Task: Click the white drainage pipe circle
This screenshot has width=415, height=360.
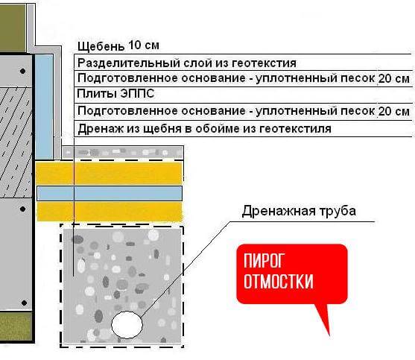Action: [127, 325]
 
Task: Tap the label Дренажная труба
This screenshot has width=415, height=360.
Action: [299, 211]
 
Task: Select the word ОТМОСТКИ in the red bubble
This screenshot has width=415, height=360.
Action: [279, 281]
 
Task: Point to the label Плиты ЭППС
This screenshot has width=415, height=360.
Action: [115, 94]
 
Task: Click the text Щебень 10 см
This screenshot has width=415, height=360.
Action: [118, 45]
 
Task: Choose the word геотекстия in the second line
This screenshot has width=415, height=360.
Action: [264, 63]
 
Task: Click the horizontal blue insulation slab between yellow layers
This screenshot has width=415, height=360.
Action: [110, 194]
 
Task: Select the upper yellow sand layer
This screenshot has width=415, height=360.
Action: [109, 174]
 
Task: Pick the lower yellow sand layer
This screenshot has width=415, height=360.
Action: [110, 212]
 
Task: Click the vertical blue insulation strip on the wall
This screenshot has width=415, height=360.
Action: [44, 107]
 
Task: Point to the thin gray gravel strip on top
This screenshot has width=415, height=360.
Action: [122, 153]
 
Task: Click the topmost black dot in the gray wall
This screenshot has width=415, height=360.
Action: [23, 71]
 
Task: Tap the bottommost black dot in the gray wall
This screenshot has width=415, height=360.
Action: [24, 303]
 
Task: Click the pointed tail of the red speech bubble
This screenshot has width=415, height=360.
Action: [329, 335]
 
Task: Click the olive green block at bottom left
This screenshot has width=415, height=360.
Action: [16, 326]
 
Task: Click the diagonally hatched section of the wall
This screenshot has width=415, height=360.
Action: [16, 142]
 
